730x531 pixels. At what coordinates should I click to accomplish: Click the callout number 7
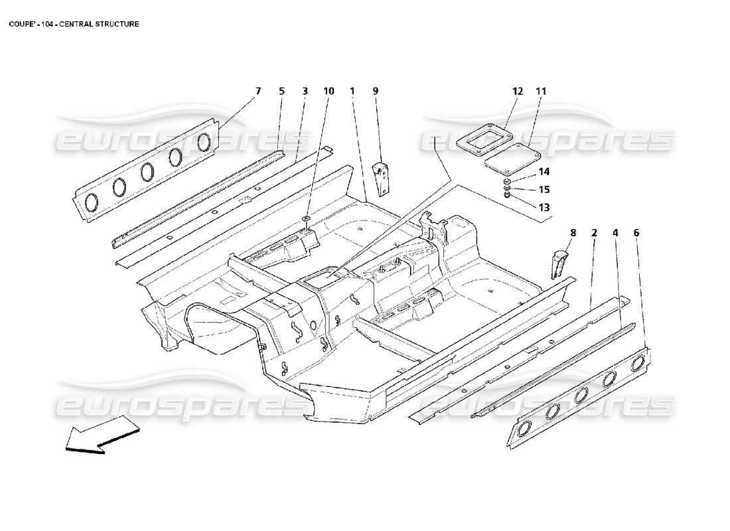click(x=258, y=91)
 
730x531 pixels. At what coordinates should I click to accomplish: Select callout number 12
click(x=518, y=91)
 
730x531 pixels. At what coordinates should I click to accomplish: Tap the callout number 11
click(x=541, y=91)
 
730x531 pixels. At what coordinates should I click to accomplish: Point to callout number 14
click(x=544, y=172)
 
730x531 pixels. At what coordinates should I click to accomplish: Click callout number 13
click(x=544, y=207)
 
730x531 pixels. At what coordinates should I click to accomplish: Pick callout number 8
click(x=573, y=233)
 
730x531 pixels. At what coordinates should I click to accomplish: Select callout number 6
click(x=636, y=233)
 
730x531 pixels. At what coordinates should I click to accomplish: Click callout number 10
click(x=328, y=91)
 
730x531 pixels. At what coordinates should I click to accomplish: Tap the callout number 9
click(x=375, y=91)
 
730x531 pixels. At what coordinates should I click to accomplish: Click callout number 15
click(x=544, y=189)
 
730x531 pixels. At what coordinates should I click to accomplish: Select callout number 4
click(x=615, y=233)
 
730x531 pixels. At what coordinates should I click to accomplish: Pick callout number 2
click(x=594, y=233)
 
